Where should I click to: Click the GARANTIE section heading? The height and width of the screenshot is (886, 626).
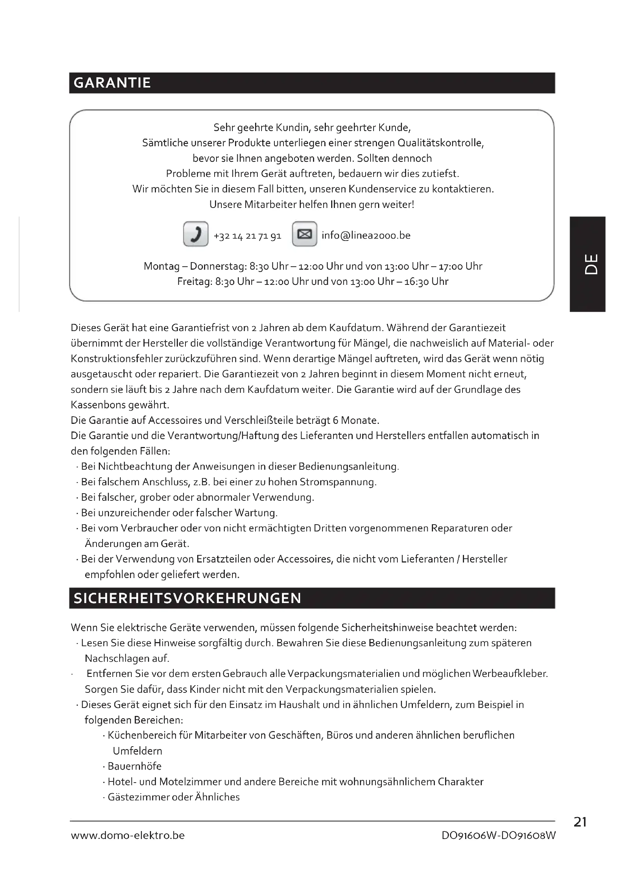(x=112, y=83)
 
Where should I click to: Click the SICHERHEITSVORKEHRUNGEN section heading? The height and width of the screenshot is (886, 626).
(x=187, y=598)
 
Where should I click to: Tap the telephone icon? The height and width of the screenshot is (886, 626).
(x=196, y=234)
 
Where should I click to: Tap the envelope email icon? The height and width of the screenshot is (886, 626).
(x=305, y=234)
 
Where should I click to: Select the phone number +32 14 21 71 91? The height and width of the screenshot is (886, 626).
(x=248, y=236)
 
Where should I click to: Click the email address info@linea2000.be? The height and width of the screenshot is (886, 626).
(x=366, y=235)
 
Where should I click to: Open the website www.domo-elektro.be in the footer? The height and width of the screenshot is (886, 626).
(x=128, y=836)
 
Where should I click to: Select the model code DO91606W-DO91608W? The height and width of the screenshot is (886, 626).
(x=499, y=836)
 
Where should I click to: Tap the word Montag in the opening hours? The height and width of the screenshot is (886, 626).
(x=162, y=266)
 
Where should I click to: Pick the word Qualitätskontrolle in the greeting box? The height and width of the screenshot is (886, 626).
(x=441, y=143)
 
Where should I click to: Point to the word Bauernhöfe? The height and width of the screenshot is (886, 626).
(x=134, y=766)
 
